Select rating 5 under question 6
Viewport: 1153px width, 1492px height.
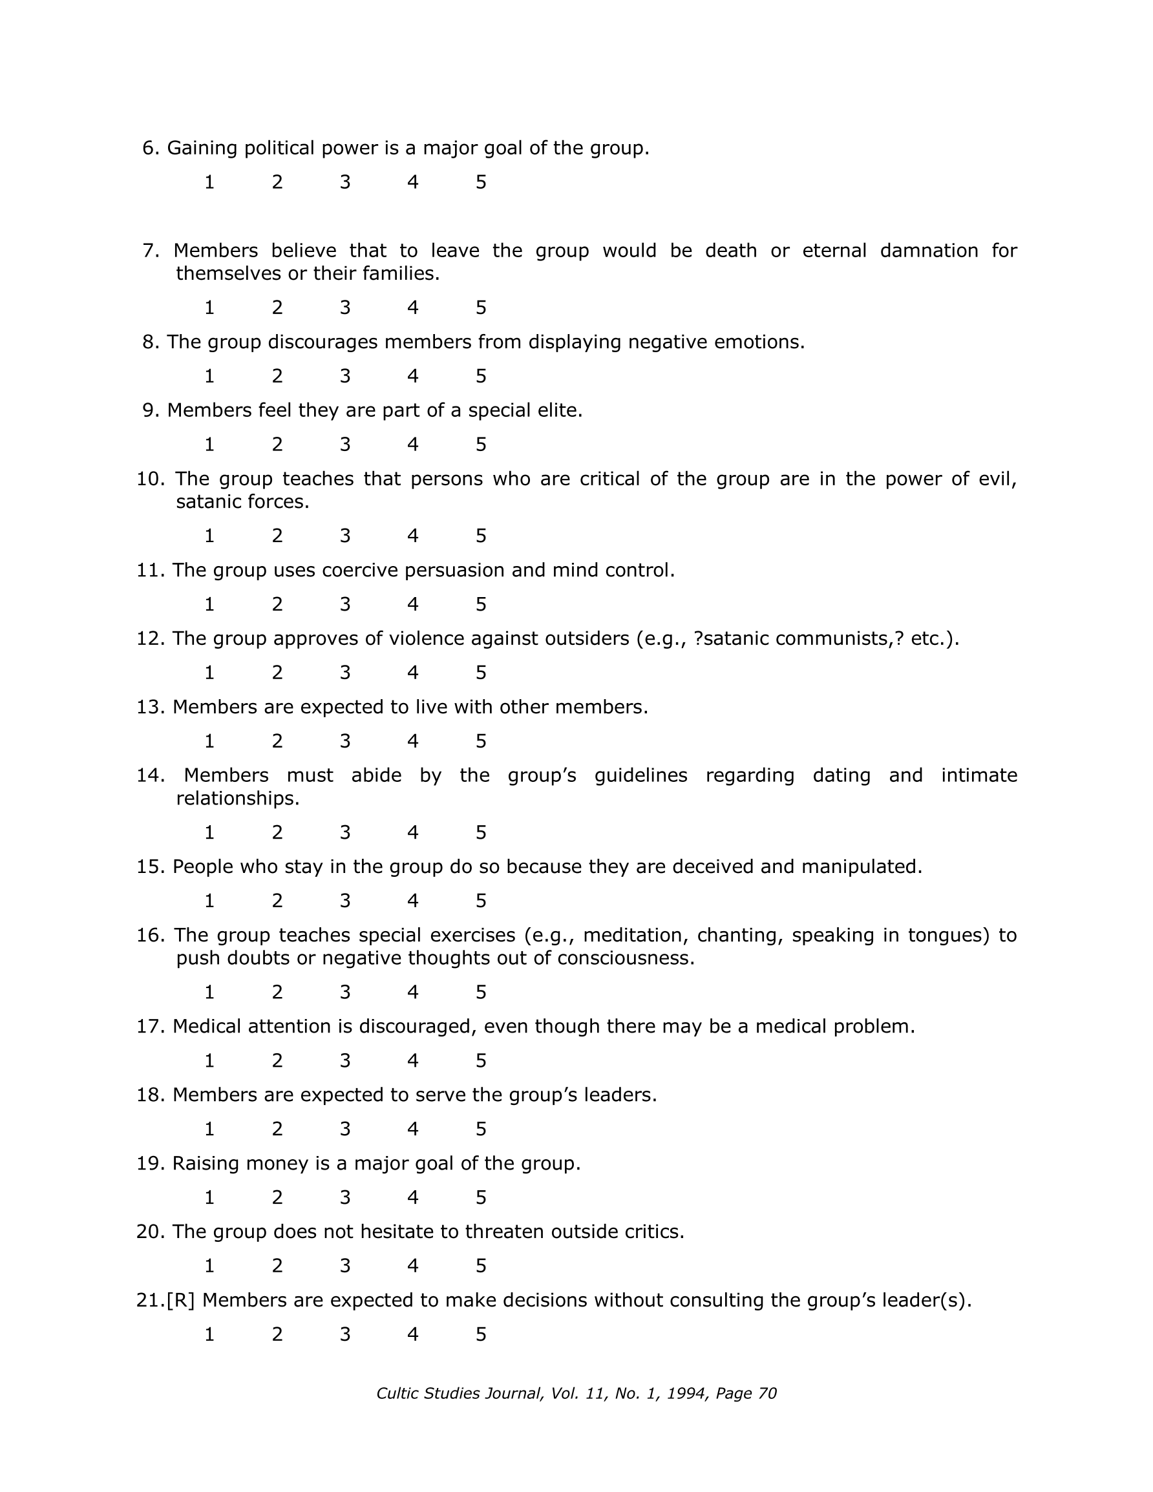pyautogui.click(x=481, y=182)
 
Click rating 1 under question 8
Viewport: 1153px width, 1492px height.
pyautogui.click(x=209, y=377)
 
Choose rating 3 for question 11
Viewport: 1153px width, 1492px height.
pyautogui.click(x=345, y=605)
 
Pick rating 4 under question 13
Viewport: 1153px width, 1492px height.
pyautogui.click(x=413, y=741)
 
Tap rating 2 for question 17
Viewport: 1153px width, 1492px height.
pyautogui.click(x=277, y=1061)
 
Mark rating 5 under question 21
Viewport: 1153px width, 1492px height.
pyautogui.click(x=481, y=1334)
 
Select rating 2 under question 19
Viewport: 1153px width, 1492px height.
pyautogui.click(x=277, y=1197)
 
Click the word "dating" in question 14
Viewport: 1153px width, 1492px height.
pyautogui.click(x=841, y=775)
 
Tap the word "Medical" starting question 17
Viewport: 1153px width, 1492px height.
pyautogui.click(x=207, y=1027)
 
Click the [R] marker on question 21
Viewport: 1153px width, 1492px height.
pyautogui.click(x=181, y=1300)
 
